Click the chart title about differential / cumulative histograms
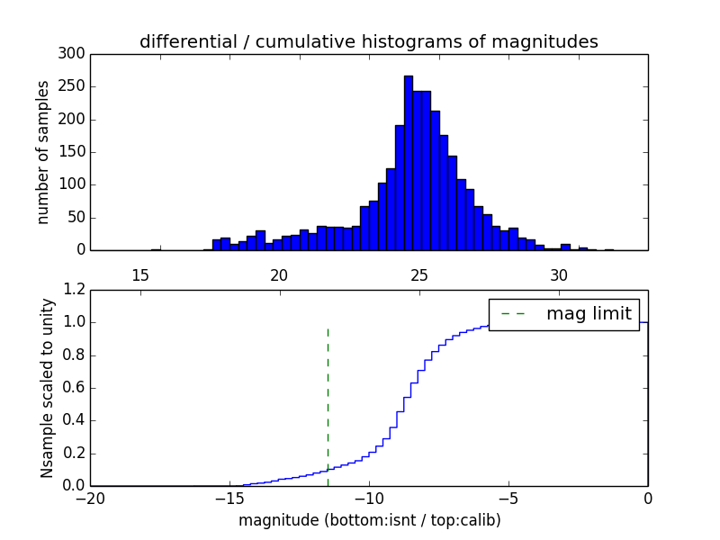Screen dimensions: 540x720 [369, 41]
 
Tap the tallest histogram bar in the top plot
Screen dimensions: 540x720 [408, 162]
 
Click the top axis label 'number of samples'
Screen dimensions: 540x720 [43, 152]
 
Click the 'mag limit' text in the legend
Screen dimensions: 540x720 [589, 314]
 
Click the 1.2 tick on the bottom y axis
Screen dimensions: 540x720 [75, 290]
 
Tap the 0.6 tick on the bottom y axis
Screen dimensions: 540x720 [75, 388]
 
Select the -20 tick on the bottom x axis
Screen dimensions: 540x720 [91, 499]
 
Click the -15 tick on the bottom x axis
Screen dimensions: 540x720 [229, 499]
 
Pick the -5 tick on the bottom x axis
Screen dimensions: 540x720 [508, 499]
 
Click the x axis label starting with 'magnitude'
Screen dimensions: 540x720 [369, 520]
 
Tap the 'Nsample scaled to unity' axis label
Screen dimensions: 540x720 [48, 388]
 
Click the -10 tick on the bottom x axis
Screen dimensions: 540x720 [369, 499]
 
